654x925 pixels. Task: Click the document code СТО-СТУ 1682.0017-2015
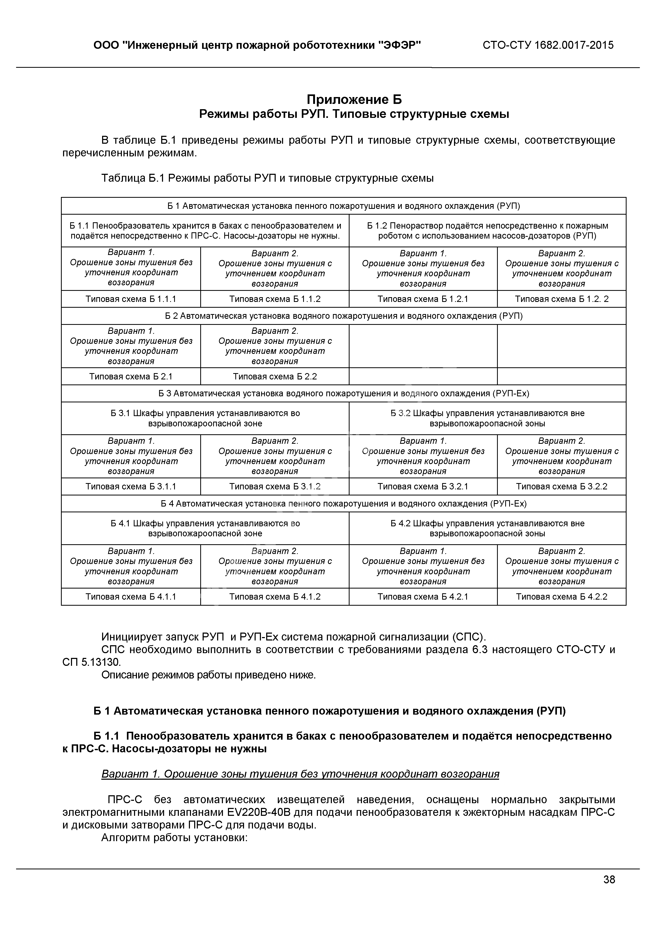click(548, 45)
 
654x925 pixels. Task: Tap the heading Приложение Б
click(354, 99)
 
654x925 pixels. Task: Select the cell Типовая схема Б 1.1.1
click(131, 299)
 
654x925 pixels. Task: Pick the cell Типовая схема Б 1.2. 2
click(561, 299)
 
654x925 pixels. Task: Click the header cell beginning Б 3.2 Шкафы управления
click(487, 418)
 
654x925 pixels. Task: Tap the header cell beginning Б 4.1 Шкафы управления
click(205, 528)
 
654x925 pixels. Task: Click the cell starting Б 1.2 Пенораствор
click(487, 230)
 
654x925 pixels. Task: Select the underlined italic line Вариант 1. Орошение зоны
click(300, 774)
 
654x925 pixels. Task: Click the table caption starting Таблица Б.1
click(267, 178)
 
